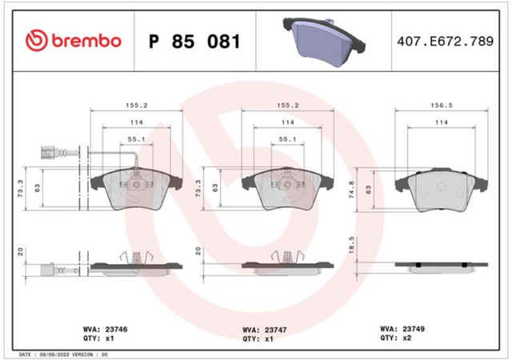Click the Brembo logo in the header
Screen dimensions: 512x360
[x=74, y=41]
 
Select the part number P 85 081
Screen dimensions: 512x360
[x=194, y=42]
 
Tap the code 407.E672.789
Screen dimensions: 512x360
[x=445, y=41]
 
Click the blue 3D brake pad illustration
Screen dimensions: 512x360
[x=324, y=41]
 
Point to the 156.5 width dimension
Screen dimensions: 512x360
[x=442, y=105]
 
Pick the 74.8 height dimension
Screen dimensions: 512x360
[x=352, y=190]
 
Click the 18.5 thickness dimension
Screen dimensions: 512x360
[x=352, y=246]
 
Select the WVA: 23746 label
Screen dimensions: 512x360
[x=105, y=329]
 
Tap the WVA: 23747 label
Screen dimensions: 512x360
[x=265, y=330]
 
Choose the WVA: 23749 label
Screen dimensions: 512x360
[x=402, y=329]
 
